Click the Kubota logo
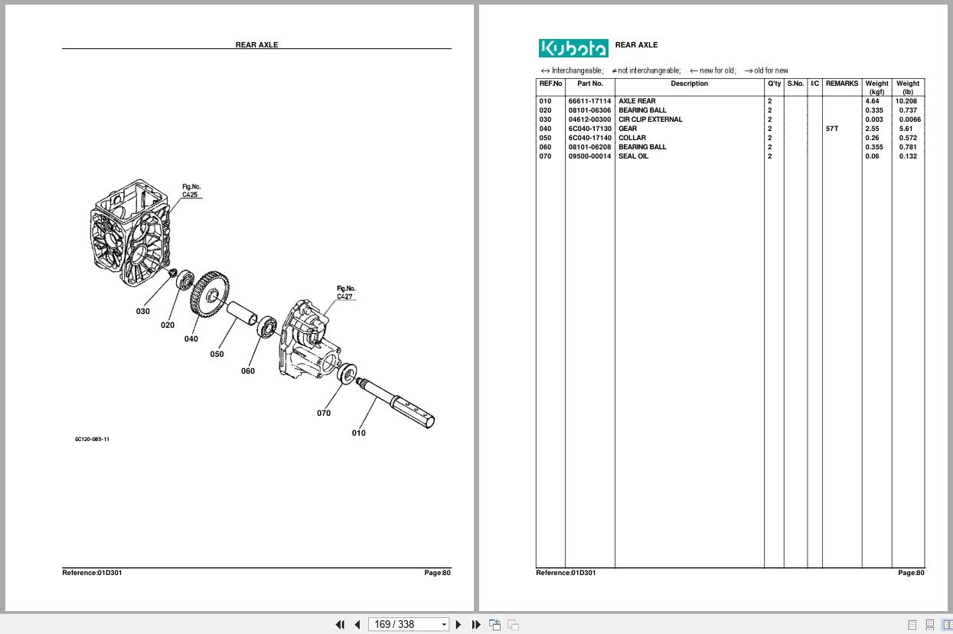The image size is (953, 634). (x=573, y=48)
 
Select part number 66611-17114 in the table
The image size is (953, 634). (x=589, y=101)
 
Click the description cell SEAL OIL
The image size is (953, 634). (x=633, y=156)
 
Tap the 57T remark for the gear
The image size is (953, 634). (x=832, y=129)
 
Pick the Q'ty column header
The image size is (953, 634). (x=774, y=83)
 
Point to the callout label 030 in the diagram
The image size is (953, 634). (x=143, y=312)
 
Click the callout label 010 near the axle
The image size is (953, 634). (x=358, y=433)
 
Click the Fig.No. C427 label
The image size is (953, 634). (x=346, y=292)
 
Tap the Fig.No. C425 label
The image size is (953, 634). (x=191, y=191)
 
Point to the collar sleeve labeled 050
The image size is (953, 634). (x=243, y=315)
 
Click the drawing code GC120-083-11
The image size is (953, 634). (x=92, y=440)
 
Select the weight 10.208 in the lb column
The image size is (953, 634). (x=906, y=101)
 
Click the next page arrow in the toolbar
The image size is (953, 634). (x=459, y=624)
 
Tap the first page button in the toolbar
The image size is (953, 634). (x=340, y=624)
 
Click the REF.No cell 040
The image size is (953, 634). (x=545, y=129)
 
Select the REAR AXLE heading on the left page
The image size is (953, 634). (x=256, y=44)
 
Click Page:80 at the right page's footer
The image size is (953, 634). (x=911, y=573)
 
